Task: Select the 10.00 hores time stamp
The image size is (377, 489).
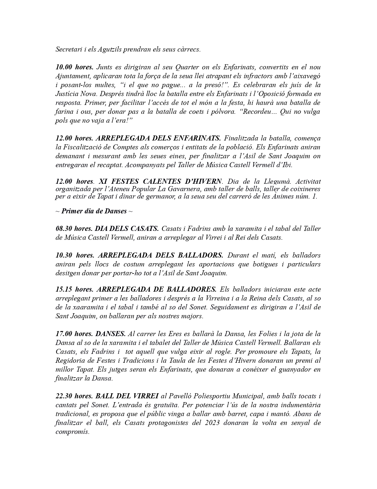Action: tap(75, 67)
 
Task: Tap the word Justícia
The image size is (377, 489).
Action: tap(66, 94)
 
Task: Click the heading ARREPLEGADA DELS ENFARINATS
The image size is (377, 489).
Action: tap(158, 138)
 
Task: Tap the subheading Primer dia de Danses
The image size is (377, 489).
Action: tap(94, 211)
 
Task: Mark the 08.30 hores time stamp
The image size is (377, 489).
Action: tap(75, 228)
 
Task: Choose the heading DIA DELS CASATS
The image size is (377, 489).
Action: tap(127, 228)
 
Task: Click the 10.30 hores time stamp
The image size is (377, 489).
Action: tap(75, 255)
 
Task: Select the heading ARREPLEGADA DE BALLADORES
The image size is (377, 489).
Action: tap(156, 289)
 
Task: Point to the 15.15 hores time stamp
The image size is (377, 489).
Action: tap(75, 289)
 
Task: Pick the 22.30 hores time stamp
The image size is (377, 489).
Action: tap(75, 396)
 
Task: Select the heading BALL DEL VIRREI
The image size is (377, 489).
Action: tap(127, 396)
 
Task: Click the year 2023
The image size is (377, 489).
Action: tap(211, 423)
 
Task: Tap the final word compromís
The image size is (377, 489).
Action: tap(72, 432)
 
